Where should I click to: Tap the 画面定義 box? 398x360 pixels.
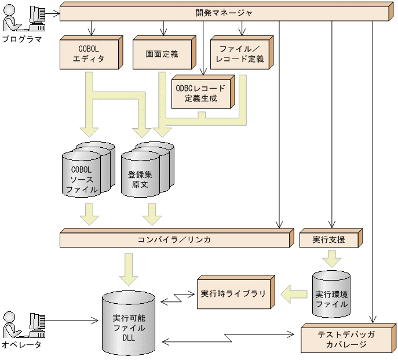point(163,54)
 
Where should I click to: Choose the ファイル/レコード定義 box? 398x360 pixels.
point(239,54)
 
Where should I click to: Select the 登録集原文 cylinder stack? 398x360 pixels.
point(144,172)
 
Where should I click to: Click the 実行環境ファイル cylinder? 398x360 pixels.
point(331,294)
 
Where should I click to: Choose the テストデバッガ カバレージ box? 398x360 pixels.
point(346,339)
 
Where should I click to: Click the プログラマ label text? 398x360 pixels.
point(21,39)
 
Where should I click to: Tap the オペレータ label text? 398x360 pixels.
point(21,345)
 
